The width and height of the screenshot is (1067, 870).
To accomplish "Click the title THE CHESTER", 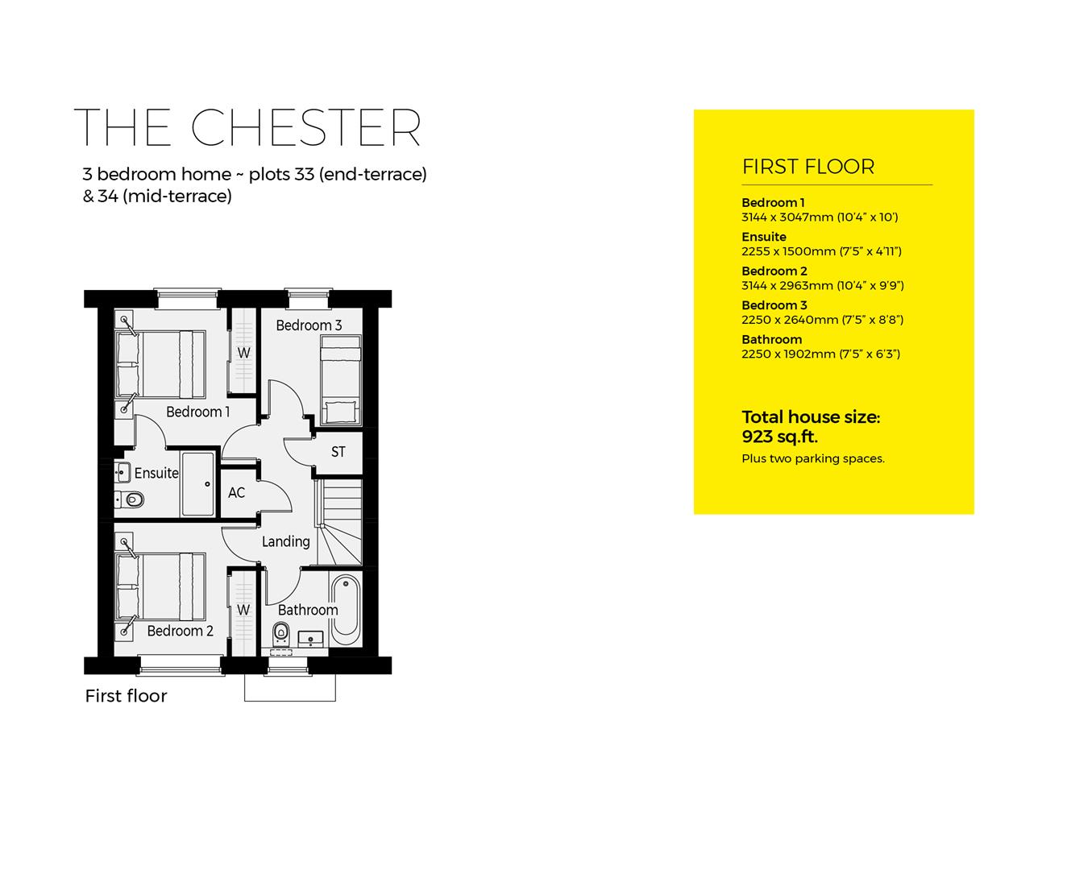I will [x=247, y=127].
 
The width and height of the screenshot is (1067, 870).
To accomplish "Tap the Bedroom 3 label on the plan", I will [x=309, y=325].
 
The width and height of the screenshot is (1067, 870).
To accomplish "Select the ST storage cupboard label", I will [x=338, y=452].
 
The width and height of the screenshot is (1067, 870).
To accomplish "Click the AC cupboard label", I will [x=236, y=492].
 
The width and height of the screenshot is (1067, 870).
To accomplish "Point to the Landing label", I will [x=285, y=541].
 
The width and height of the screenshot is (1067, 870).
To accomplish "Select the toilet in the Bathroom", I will [x=281, y=630].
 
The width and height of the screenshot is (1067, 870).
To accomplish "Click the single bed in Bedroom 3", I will [x=341, y=380].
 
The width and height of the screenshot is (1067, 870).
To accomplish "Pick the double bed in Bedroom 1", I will [x=160, y=364].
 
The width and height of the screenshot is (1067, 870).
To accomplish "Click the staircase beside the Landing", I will [x=339, y=523].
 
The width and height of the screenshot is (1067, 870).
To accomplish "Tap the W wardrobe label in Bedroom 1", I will [x=243, y=353].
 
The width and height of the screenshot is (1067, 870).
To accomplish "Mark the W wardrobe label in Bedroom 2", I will [x=243, y=610].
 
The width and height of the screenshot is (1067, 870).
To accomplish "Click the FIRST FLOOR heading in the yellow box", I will [x=808, y=167].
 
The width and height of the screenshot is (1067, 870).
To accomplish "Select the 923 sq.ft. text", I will [x=779, y=437].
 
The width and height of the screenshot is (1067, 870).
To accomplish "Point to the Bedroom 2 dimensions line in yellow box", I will [x=822, y=285].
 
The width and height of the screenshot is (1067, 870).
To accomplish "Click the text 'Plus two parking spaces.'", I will [x=812, y=458].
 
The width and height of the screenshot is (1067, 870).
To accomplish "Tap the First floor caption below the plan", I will [x=126, y=696].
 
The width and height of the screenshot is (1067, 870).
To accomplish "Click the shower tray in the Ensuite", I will [x=197, y=484].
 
